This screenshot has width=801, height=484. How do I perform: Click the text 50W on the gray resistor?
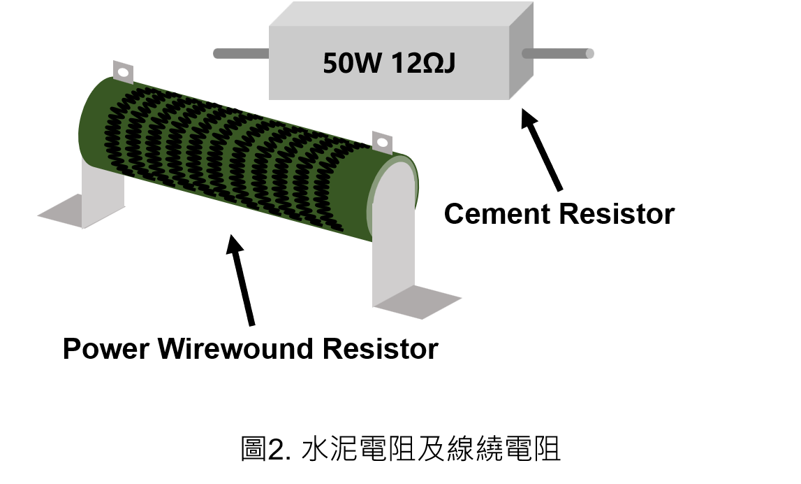pyautogui.click(x=352, y=64)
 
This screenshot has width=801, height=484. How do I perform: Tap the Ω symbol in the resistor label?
pyautogui.click(x=429, y=64)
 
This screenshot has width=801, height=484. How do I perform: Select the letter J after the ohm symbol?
pyautogui.click(x=448, y=64)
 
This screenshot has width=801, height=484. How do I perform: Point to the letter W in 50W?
pyautogui.click(x=367, y=64)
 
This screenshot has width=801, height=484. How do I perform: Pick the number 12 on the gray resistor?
pyautogui.click(x=404, y=64)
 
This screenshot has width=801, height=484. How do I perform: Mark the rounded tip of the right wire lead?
pyautogui.click(x=590, y=53)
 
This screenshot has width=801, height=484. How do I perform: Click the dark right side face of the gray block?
pyautogui.click(x=521, y=49)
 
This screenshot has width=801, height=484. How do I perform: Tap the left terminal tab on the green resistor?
pyautogui.click(x=123, y=72)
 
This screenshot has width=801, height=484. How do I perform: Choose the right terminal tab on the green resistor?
pyautogui.click(x=381, y=142)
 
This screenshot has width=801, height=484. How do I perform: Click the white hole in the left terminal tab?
pyautogui.click(x=123, y=71)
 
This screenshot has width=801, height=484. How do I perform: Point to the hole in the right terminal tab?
pyautogui.click(x=381, y=143)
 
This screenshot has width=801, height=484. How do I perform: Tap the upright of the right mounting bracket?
pyautogui.click(x=392, y=245)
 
